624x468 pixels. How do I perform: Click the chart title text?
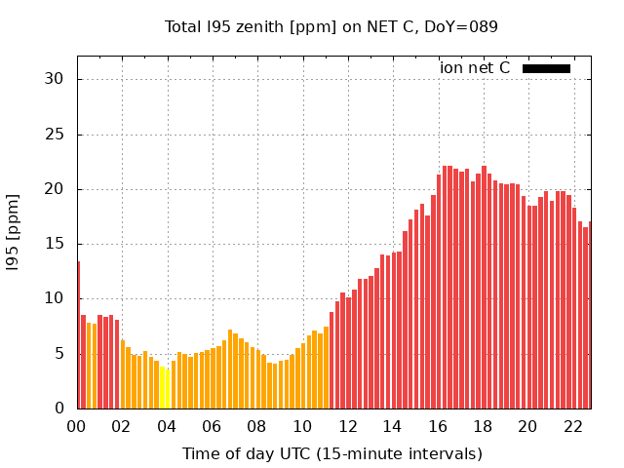click(x=331, y=26)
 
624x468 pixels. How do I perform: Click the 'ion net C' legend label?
click(x=475, y=68)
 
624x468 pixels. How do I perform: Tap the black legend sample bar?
click(x=546, y=68)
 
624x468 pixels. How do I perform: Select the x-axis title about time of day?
click(x=331, y=453)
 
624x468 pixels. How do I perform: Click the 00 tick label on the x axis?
click(x=76, y=427)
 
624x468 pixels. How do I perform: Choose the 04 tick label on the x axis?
click(x=167, y=427)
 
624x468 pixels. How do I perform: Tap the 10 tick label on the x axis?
click(x=302, y=427)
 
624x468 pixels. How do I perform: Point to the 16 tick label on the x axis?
click(x=438, y=427)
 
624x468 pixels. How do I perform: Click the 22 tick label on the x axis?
click(x=573, y=427)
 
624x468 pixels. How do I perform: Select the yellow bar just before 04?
click(x=162, y=387)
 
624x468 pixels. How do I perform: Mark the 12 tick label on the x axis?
click(x=347, y=427)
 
